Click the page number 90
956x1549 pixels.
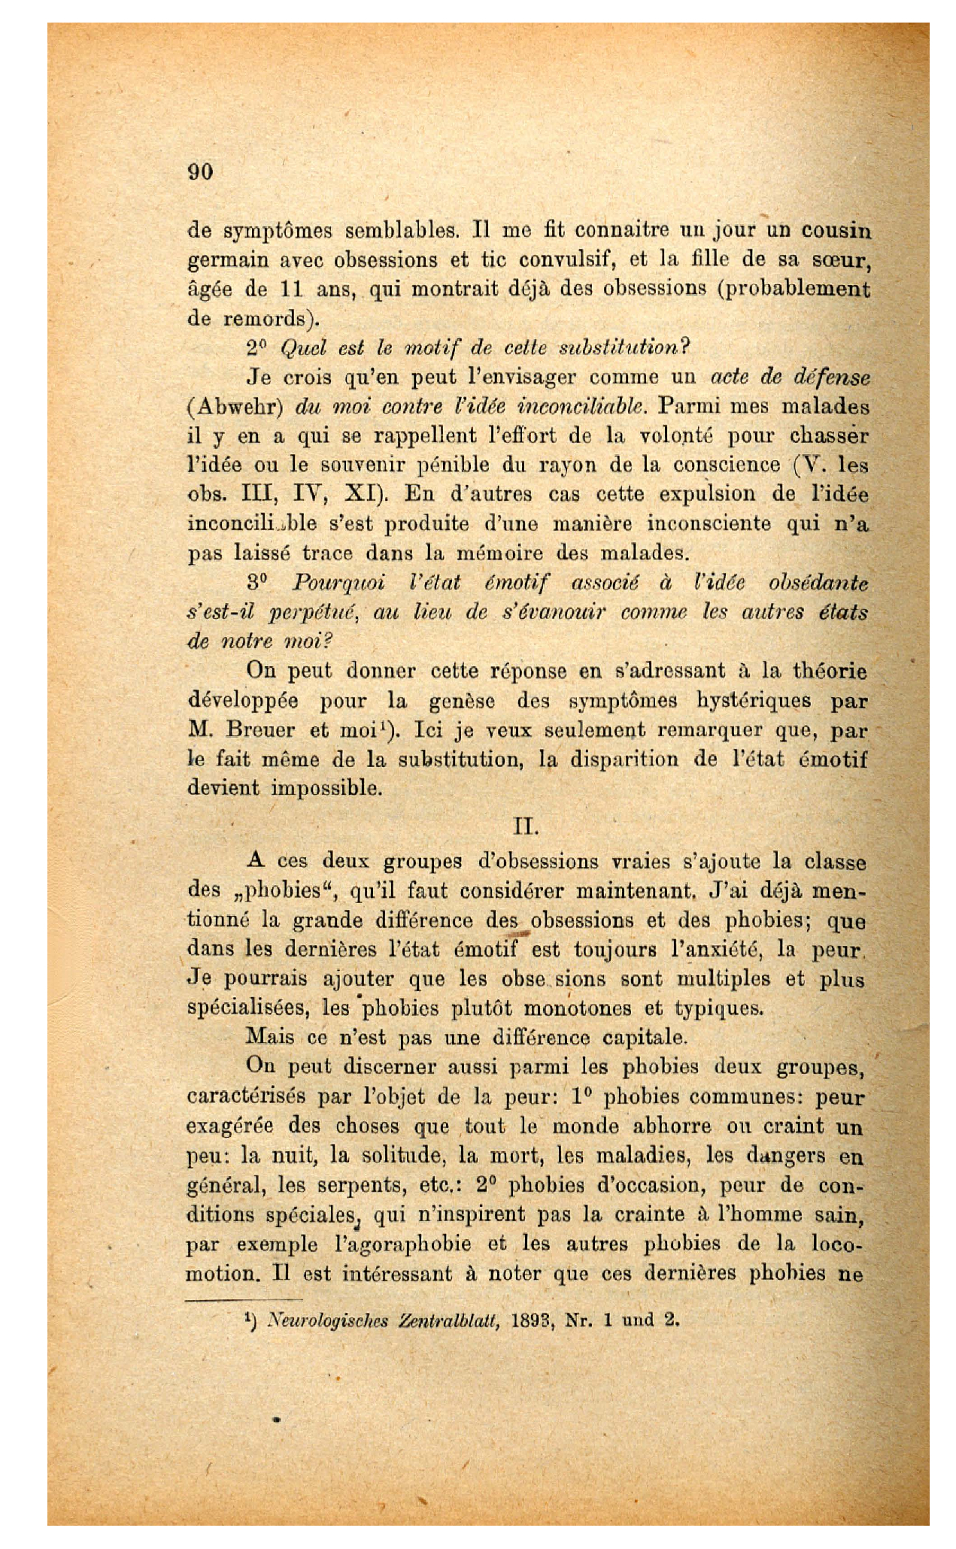201,171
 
